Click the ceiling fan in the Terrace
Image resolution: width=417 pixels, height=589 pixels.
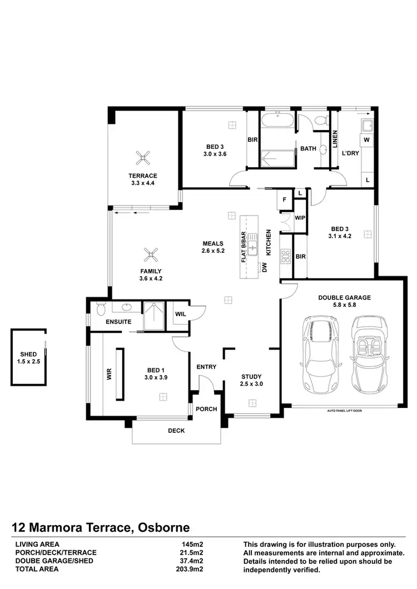pyautogui.click(x=144, y=158)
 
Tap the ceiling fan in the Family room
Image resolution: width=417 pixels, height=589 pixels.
pyautogui.click(x=150, y=255)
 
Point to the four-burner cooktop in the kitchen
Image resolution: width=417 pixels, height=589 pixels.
pyautogui.click(x=286, y=256)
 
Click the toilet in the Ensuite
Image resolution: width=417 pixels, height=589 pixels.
pyautogui.click(x=100, y=308)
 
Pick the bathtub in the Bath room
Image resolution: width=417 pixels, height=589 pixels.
pyautogui.click(x=279, y=121)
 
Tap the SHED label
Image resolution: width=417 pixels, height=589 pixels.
pyautogui.click(x=28, y=354)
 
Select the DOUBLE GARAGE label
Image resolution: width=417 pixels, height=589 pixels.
pyautogui.click(x=344, y=297)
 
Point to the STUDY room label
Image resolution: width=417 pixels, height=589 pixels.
pyautogui.click(x=251, y=376)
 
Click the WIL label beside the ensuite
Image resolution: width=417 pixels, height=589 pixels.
pyautogui.click(x=180, y=314)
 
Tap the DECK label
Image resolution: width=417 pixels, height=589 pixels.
pyautogui.click(x=176, y=431)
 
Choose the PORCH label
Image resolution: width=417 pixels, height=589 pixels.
pyautogui.click(x=207, y=409)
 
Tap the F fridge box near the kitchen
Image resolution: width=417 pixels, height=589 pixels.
pyautogui.click(x=284, y=199)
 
